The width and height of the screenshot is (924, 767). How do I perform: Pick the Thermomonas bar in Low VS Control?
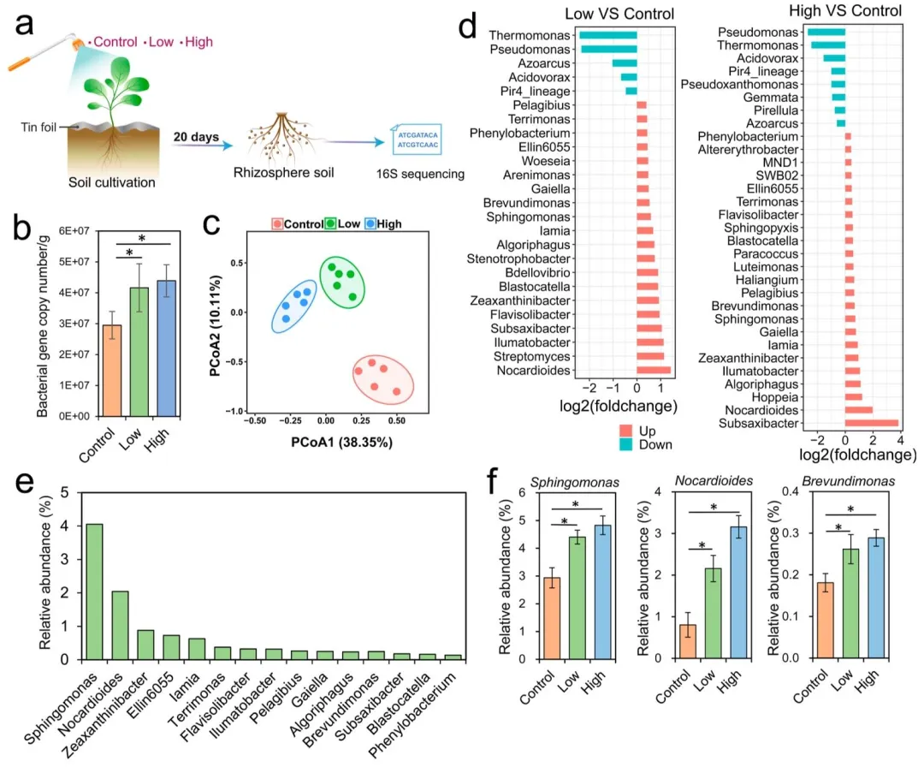click(607, 36)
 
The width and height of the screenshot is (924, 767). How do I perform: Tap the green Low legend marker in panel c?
click(330, 223)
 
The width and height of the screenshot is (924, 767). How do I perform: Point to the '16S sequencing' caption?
click(426, 174)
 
